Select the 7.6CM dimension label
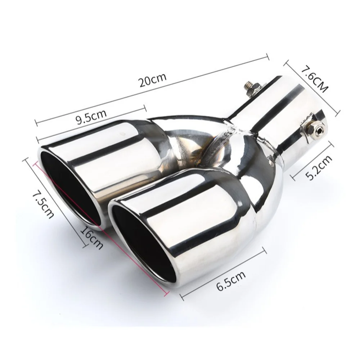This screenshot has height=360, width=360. [313, 78]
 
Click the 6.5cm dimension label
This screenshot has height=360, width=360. [231, 281]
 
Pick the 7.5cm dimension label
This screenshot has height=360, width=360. [42, 204]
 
